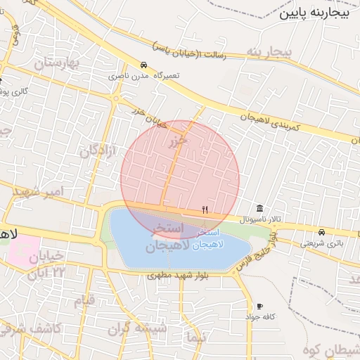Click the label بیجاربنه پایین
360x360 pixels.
(314, 13)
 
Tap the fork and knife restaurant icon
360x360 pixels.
(205, 209)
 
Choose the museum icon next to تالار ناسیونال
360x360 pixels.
(260, 209)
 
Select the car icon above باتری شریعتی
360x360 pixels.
(321, 232)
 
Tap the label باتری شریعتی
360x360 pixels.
(323, 243)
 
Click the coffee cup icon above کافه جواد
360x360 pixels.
(259, 307)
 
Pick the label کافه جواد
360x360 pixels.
(259, 317)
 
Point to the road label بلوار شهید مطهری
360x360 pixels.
(183, 276)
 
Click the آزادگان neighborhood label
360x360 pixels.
(98, 143)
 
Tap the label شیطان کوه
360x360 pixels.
(331, 349)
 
